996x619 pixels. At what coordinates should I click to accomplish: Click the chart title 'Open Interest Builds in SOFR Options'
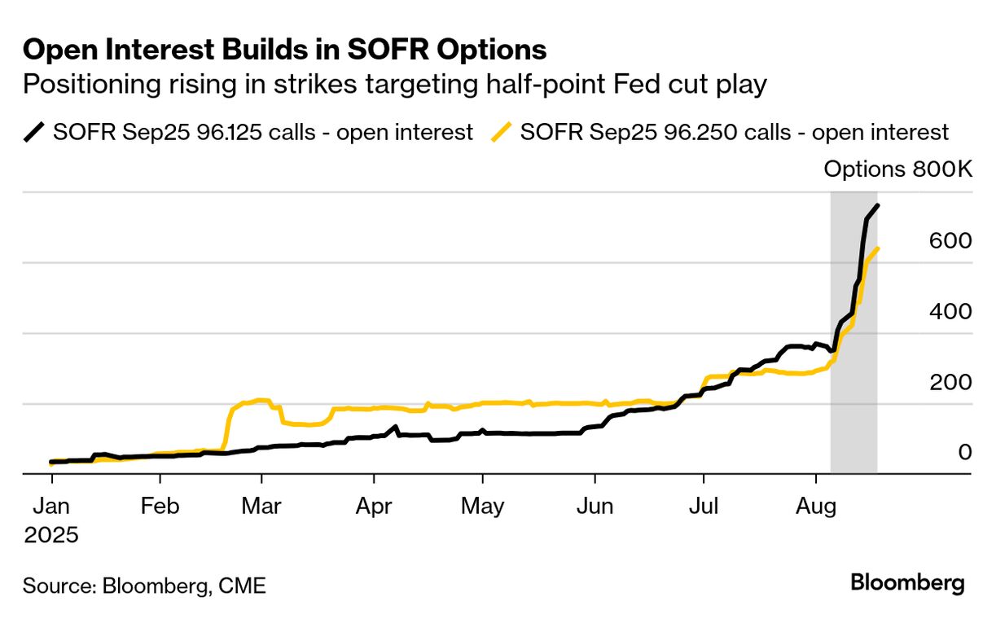284,50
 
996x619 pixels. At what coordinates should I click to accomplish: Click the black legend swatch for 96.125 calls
34,132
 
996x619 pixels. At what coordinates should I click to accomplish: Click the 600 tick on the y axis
950,241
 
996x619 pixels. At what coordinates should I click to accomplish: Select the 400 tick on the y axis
950,311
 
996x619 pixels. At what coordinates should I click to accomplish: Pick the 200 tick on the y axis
950,381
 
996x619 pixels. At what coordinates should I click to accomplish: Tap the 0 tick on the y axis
964,451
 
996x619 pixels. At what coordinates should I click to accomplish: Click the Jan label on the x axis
50,506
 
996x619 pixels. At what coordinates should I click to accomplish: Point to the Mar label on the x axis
261,506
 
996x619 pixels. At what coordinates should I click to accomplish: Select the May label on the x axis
482,506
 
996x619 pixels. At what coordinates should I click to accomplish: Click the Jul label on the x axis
703,506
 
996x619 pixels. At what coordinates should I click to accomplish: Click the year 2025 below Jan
50,535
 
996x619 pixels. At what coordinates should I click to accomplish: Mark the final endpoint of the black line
876,205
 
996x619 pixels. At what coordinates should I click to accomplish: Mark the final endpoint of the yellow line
876,248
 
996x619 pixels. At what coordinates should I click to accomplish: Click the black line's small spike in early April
395,427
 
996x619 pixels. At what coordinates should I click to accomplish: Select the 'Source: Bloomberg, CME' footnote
144,585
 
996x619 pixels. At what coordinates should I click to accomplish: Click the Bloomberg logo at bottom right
907,583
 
